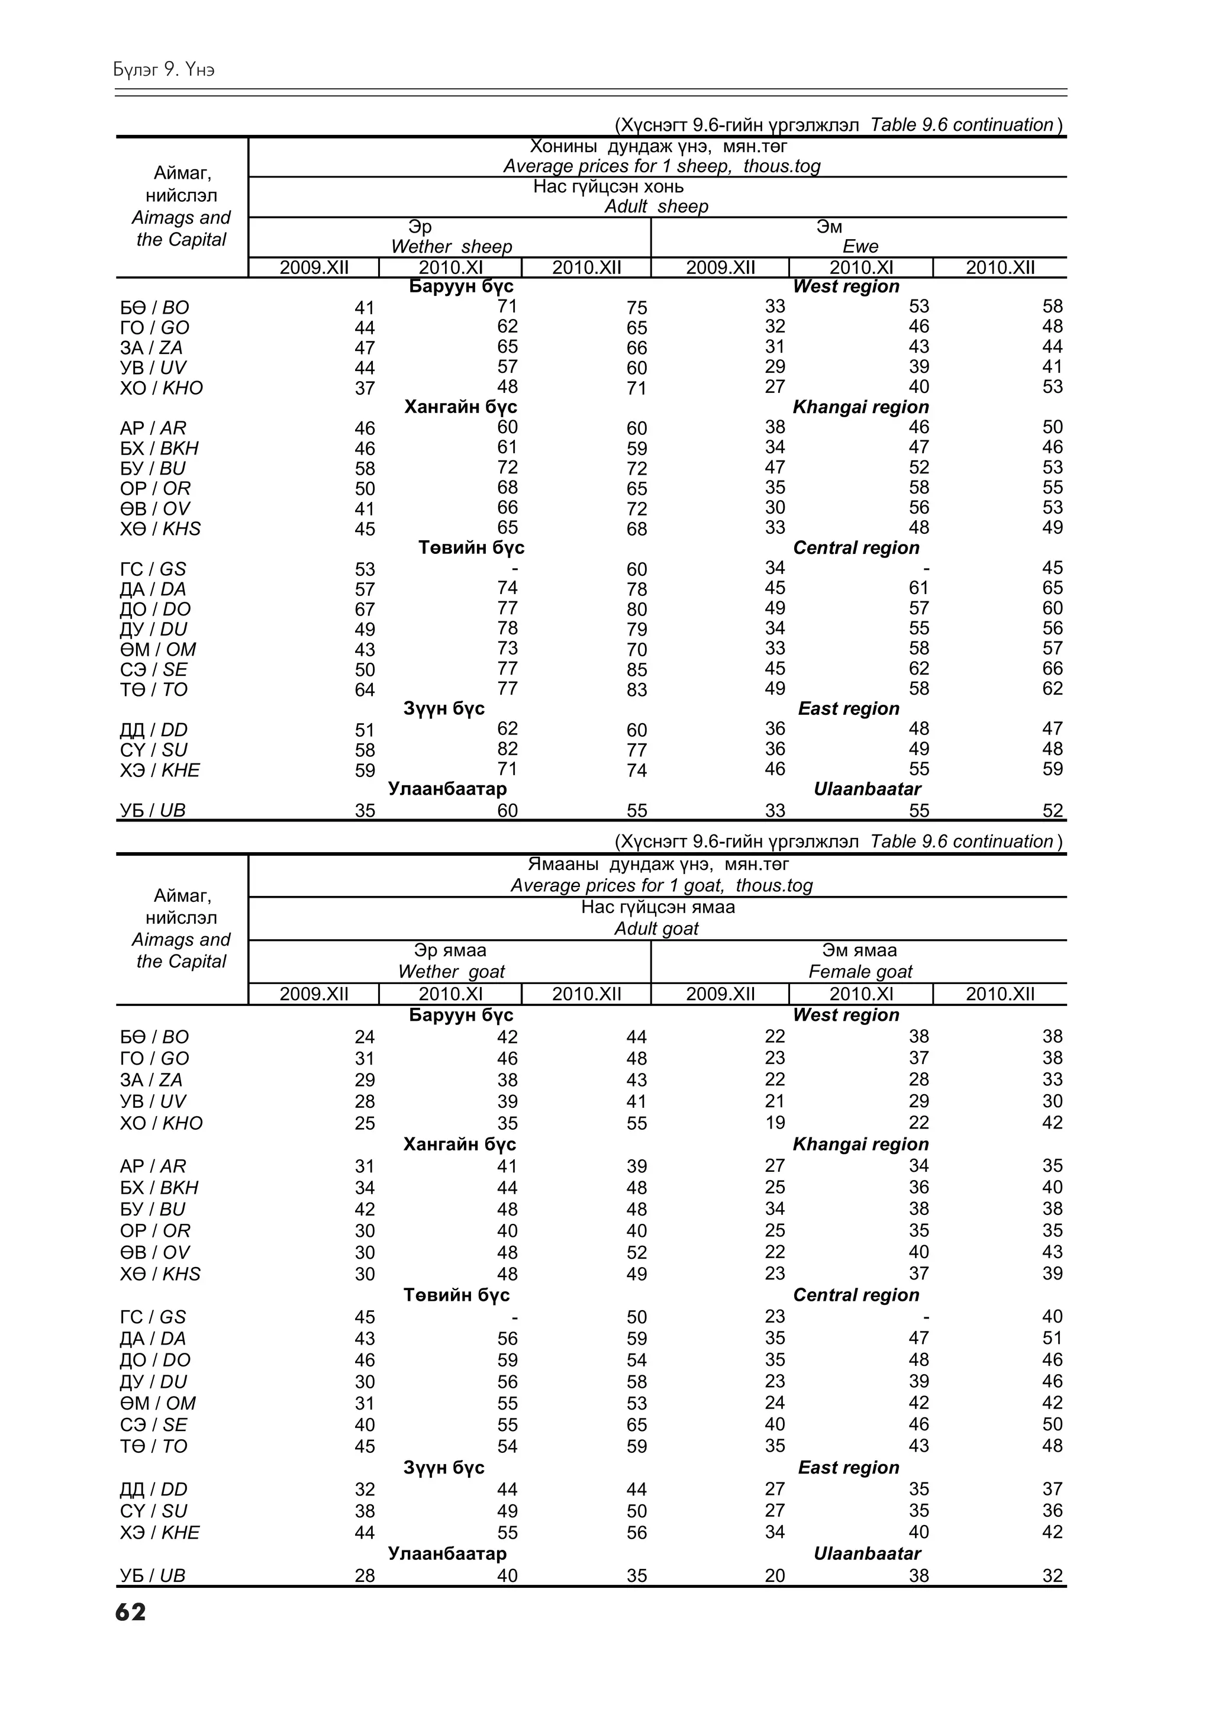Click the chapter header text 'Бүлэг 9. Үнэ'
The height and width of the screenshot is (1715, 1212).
coord(165,69)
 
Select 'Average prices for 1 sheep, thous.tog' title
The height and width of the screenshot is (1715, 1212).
coord(661,166)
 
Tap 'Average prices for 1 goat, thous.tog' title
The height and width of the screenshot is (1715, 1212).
coord(661,885)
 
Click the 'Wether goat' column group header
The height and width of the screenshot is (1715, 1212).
coord(451,971)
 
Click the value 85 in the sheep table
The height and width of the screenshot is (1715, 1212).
coord(636,670)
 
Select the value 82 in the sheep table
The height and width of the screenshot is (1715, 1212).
coord(507,749)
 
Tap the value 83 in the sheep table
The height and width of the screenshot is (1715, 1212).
coord(636,690)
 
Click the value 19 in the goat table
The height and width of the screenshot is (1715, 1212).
coord(775,1123)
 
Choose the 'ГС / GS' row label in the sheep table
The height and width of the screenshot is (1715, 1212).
coord(153,569)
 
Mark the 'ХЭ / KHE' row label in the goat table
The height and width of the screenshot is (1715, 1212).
coord(160,1532)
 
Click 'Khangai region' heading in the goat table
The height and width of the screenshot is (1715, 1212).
coord(860,1145)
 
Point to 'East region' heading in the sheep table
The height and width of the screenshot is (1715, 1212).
coord(848,709)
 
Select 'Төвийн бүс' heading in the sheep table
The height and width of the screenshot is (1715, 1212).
coord(471,547)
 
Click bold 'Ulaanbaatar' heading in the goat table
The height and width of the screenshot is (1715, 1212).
coord(867,1553)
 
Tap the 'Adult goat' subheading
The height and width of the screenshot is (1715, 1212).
coord(656,929)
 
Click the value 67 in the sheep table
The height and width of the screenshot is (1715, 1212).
coord(365,610)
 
